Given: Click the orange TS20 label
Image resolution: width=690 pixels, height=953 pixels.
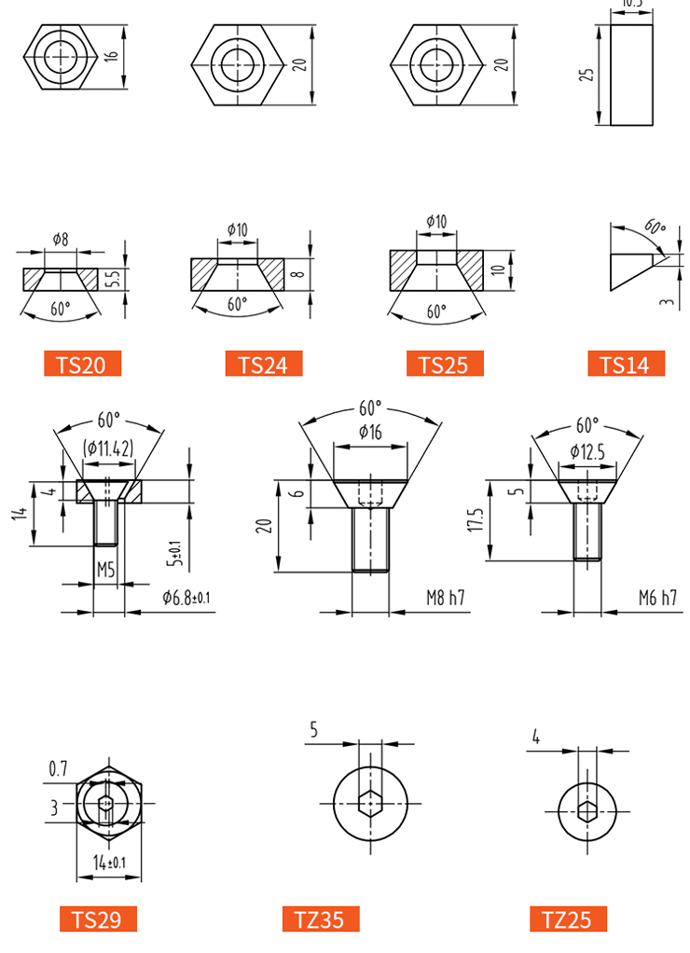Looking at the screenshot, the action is click(82, 364).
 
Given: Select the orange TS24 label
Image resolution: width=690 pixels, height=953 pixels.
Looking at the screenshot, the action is click(263, 364).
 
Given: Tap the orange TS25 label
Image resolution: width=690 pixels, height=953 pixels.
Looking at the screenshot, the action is click(445, 364).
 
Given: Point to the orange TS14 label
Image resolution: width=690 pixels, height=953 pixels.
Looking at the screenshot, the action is click(626, 364).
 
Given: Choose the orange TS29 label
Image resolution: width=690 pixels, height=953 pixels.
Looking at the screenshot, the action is click(98, 918).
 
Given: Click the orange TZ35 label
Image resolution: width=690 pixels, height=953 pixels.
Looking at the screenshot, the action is click(321, 918).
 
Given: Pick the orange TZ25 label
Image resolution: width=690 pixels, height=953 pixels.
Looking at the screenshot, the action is click(568, 918).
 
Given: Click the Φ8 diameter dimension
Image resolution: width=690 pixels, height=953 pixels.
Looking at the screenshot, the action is click(61, 239).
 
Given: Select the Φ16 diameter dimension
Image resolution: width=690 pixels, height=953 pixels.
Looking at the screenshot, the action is click(370, 432).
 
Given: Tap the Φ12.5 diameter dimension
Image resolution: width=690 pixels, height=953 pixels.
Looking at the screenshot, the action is click(587, 451).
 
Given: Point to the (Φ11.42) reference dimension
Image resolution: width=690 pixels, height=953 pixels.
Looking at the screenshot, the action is click(108, 449).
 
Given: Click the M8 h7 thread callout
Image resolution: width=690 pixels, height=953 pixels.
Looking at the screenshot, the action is click(446, 598).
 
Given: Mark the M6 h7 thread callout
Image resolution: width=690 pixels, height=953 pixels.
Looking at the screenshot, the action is click(657, 598).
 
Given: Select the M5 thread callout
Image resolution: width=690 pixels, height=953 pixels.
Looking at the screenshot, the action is click(105, 570).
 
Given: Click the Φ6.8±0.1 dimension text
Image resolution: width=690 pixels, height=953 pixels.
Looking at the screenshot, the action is click(186, 598).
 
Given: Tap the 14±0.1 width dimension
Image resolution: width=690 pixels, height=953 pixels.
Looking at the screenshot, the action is click(109, 862).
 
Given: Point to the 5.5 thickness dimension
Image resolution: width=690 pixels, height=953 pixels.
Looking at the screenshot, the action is click(113, 279).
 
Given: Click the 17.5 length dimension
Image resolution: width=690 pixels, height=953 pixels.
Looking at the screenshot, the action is click(476, 519).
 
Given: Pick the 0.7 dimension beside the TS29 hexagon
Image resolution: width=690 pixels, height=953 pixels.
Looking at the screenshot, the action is click(58, 769).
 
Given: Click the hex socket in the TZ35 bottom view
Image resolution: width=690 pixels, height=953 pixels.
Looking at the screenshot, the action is click(370, 804).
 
